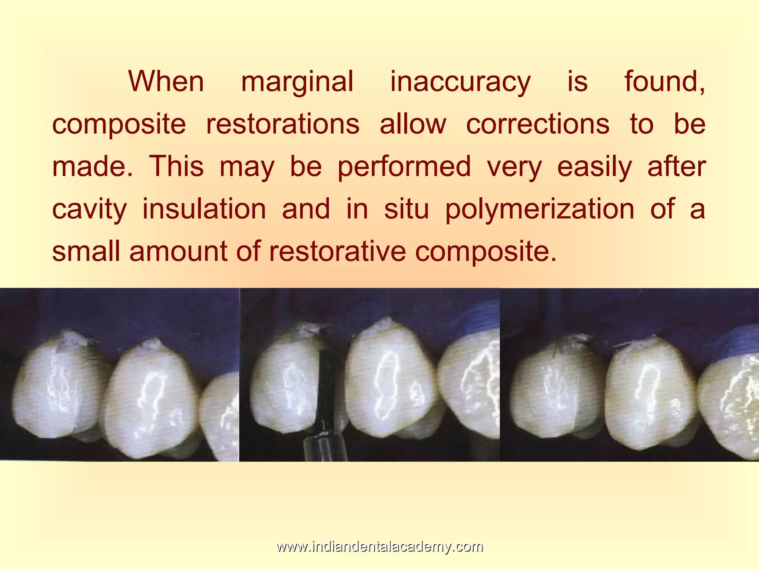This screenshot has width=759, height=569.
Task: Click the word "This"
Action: coord(176,166)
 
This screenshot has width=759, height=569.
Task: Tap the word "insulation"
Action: coord(204,209)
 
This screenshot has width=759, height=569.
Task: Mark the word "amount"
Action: coord(178,252)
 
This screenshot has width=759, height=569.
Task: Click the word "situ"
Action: coord(407,209)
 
